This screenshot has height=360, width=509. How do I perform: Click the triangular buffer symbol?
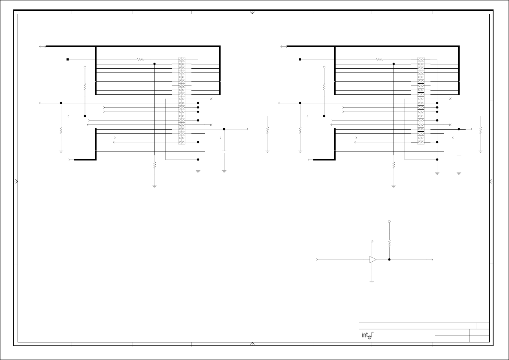point(373,260)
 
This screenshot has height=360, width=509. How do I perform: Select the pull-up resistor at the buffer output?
point(389,243)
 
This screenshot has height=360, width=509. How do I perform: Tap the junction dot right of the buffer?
point(389,260)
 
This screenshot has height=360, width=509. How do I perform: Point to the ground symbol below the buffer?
point(372,281)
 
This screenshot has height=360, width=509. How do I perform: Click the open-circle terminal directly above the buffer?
point(372,241)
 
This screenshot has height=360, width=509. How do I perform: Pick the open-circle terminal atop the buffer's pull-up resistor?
point(389,222)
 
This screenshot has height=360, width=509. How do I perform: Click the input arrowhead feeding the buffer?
point(318,260)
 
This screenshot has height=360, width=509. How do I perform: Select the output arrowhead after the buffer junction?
point(432,260)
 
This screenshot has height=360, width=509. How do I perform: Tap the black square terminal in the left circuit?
point(67,59)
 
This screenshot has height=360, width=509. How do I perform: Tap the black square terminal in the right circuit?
point(300,59)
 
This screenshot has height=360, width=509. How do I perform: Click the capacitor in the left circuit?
point(224,152)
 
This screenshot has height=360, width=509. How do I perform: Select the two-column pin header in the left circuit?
point(182,101)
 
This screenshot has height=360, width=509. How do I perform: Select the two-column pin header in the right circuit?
point(421,101)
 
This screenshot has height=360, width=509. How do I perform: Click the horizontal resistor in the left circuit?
point(140,60)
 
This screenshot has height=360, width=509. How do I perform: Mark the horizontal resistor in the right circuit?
point(379,60)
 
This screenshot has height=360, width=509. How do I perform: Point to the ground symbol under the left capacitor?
point(224,171)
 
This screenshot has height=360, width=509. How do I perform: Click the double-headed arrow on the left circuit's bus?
point(42,46)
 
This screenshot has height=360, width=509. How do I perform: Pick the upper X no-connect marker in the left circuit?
point(211,99)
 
